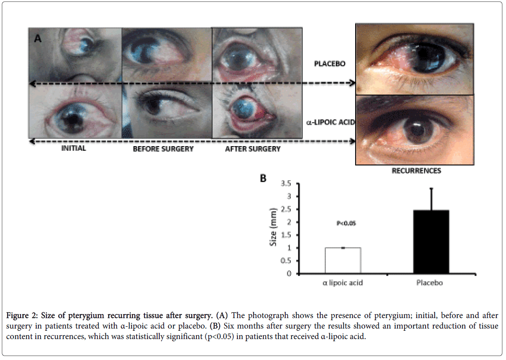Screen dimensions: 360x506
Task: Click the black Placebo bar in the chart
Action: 431,241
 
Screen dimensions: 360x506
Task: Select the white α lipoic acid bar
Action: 342,260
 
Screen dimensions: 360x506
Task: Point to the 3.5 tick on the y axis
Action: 286,183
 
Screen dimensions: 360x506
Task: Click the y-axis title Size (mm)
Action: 273,229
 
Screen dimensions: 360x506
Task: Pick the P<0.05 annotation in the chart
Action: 346,224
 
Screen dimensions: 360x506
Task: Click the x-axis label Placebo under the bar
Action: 429,283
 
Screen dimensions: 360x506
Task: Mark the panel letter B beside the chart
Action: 263,178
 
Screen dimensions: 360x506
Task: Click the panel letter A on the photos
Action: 38,38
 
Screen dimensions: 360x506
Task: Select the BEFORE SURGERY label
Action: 163,149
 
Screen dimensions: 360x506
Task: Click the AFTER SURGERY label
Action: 252,149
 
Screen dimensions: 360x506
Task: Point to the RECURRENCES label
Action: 416,171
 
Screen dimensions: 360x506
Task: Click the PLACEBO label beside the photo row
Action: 330,64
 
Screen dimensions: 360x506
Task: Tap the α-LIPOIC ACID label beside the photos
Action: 329,122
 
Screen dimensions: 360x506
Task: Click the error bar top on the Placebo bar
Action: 431,188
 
